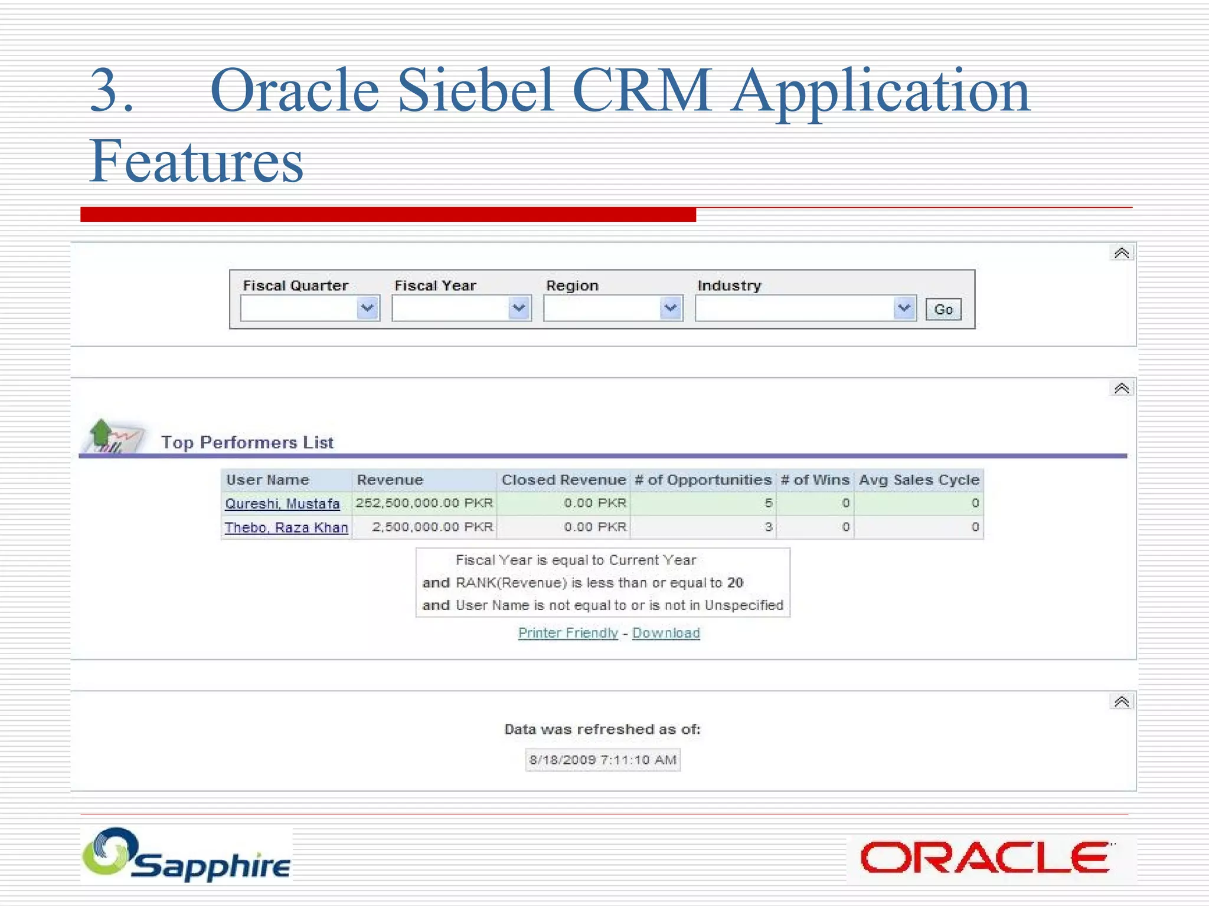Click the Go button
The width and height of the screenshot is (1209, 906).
click(x=943, y=309)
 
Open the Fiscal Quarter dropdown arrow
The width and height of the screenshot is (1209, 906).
click(x=367, y=308)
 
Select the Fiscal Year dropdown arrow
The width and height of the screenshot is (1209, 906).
click(x=518, y=308)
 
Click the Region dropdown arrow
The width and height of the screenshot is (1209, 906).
click(x=670, y=308)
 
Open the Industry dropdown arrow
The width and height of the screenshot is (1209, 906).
click(x=903, y=308)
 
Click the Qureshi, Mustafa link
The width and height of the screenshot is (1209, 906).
click(x=282, y=504)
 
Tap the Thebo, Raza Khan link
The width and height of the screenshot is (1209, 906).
click(x=286, y=527)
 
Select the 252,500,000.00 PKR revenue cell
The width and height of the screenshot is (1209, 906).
click(x=424, y=503)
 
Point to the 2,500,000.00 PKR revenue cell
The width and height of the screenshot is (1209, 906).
click(x=432, y=527)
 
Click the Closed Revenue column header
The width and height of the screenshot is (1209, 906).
click(x=563, y=480)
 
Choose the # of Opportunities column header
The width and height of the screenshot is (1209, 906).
click(x=703, y=480)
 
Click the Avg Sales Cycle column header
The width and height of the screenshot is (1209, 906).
click(x=919, y=480)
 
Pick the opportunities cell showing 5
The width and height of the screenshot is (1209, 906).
click(x=768, y=503)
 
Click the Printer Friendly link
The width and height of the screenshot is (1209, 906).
click(x=568, y=633)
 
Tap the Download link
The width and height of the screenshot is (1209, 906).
click(x=666, y=633)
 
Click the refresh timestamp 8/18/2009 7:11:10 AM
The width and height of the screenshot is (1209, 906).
click(x=603, y=760)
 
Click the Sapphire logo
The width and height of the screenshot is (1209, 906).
click(x=187, y=855)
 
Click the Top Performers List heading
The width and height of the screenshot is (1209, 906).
click(x=247, y=442)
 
